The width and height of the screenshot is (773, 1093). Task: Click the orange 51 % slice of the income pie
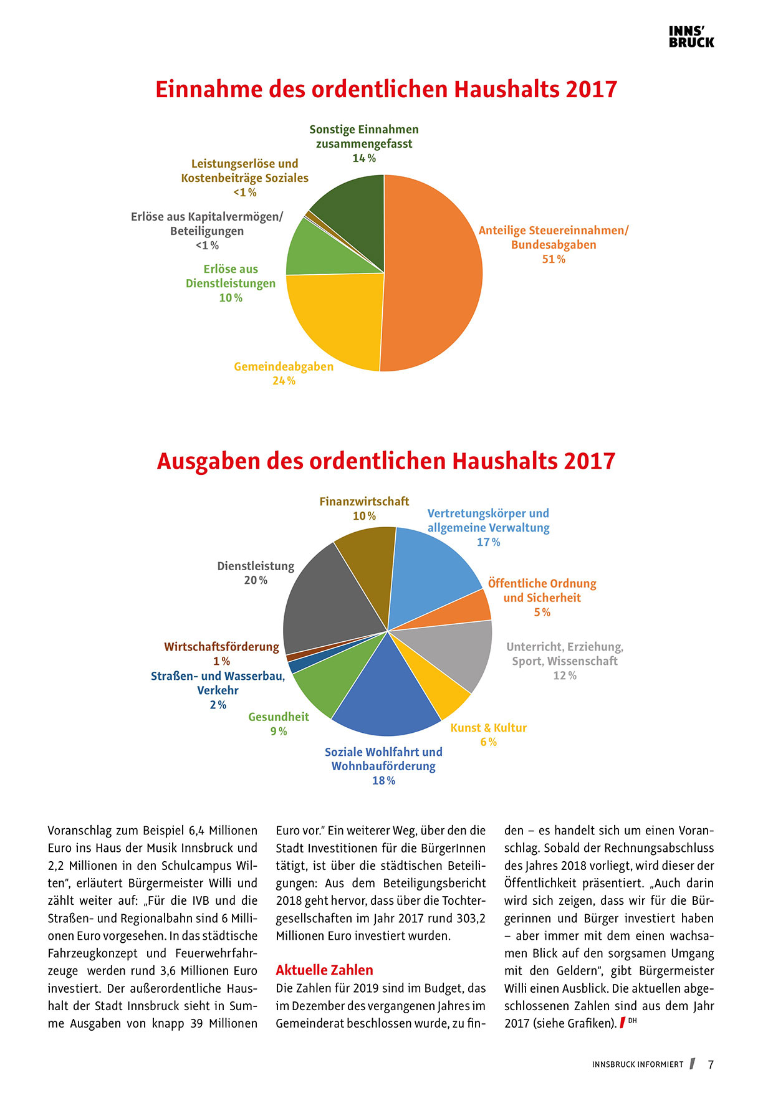(436, 274)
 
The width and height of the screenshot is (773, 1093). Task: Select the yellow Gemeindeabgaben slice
(337, 318)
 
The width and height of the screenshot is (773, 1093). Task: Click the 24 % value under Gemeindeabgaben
(284, 381)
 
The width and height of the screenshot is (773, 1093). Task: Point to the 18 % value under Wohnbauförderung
(383, 781)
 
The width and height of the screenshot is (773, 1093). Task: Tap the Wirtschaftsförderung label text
(221, 647)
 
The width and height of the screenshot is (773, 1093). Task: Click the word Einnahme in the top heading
(209, 89)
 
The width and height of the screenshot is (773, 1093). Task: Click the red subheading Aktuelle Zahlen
(324, 970)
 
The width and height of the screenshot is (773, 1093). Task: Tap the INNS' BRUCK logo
(691, 37)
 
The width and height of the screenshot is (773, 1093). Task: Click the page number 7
(711, 1064)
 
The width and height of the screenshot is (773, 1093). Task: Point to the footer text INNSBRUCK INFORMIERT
(637, 1064)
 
